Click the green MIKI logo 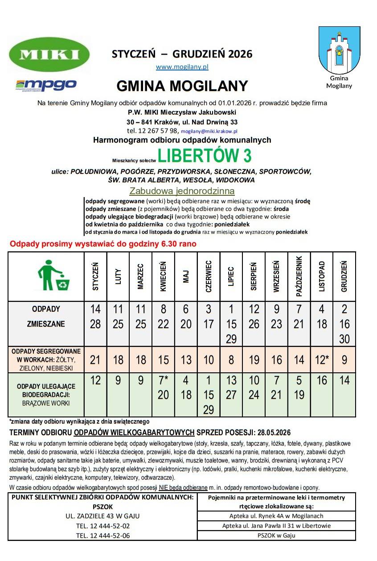tap(49, 55)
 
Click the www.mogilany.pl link tap(182, 67)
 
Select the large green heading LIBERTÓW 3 tap(205, 155)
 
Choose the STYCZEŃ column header tap(95, 276)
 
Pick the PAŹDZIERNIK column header tap(299, 276)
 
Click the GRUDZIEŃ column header tap(344, 276)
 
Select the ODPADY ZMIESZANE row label tap(46, 317)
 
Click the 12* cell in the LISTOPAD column tap(322, 360)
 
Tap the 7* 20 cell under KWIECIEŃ tap(163, 388)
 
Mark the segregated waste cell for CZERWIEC tap(209, 360)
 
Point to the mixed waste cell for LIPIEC tap(231, 324)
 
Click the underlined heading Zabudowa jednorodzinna tap(181, 191)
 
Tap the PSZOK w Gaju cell tap(276, 535)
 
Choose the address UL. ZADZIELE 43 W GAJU tap(103, 516)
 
